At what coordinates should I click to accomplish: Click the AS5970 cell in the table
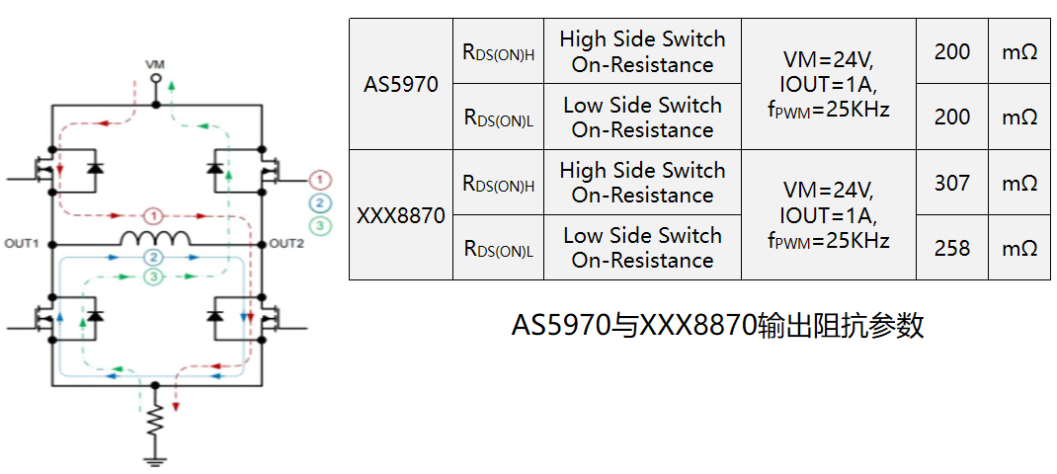[400, 84]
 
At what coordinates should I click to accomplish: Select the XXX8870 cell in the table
[400, 215]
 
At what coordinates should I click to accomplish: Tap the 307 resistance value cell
[952, 183]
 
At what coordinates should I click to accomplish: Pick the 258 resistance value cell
[952, 248]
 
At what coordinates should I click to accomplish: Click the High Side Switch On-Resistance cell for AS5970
[642, 51]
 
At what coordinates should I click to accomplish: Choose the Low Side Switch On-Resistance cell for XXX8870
[642, 248]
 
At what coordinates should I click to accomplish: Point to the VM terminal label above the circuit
[155, 65]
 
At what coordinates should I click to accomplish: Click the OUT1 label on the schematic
[23, 243]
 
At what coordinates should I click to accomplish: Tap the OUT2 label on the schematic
[286, 243]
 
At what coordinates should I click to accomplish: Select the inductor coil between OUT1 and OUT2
[155, 238]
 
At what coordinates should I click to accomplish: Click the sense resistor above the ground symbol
[156, 422]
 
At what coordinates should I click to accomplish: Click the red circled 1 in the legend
[321, 180]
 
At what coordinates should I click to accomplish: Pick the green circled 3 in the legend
[321, 225]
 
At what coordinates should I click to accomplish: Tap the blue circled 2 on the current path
[154, 257]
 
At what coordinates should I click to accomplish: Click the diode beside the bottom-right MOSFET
[215, 315]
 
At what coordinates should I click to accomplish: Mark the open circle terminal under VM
[155, 79]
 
